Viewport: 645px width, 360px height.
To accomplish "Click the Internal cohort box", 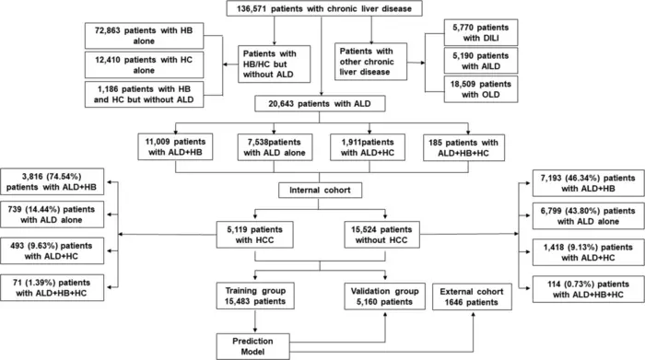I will point(322,191).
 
